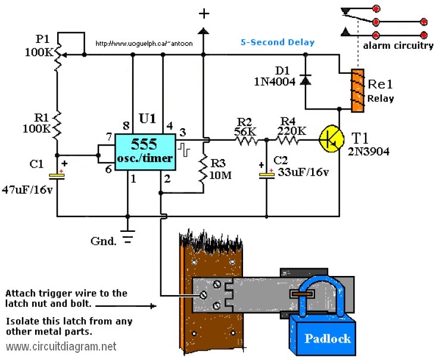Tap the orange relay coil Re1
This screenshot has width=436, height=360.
(357, 90)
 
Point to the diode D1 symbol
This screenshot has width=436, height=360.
(305, 79)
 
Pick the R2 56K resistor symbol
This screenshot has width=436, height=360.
(245, 140)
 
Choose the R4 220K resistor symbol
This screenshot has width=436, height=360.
(288, 140)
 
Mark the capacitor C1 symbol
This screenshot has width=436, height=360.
(57, 175)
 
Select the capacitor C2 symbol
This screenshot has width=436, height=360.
(266, 174)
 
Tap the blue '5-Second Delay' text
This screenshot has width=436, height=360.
(277, 43)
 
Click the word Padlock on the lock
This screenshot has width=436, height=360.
(327, 339)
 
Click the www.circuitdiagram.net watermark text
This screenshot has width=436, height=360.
(61, 346)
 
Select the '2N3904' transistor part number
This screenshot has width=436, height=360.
(369, 151)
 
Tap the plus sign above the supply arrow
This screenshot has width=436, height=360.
(204, 13)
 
